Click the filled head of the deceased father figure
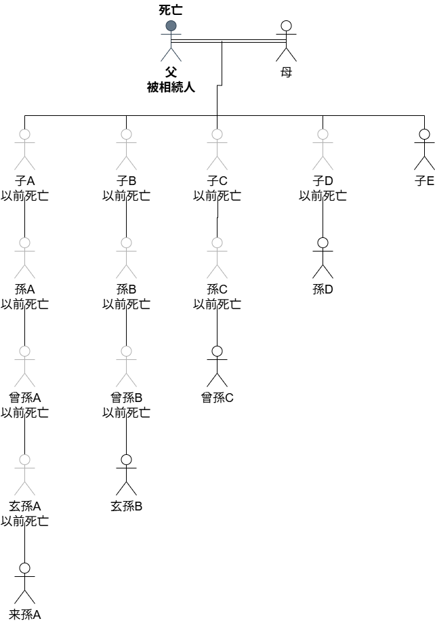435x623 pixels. coord(171,26)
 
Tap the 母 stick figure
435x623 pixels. coord(286,41)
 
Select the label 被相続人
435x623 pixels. coord(171,87)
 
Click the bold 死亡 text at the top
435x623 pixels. coord(171,9)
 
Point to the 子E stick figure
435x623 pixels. coord(424,149)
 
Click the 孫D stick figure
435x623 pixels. coord(323,258)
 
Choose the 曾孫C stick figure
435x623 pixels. coord(217,366)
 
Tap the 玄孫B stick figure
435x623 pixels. coord(126,475)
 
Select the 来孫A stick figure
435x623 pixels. coord(25,583)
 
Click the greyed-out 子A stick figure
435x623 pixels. coord(25,149)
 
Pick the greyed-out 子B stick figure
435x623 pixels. coord(126,149)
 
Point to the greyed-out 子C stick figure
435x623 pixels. coord(217,149)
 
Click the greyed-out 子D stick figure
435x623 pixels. coord(323,149)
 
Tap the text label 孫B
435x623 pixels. coord(126,289)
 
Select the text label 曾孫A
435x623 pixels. coord(25,398)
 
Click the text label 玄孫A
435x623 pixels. coord(25,506)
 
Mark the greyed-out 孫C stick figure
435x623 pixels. coord(217,258)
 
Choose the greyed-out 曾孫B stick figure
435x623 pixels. coord(126,366)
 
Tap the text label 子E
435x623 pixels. coord(424,181)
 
